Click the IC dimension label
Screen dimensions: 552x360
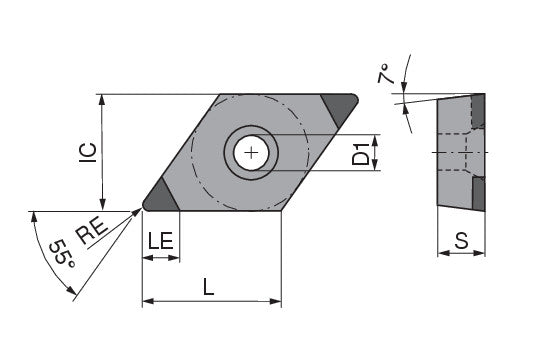pos(88,153)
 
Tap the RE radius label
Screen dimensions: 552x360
pos(92,231)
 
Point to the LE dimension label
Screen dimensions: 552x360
pos(161,241)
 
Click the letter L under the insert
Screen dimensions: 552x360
pos(209,286)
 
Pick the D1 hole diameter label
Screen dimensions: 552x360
pos(361,154)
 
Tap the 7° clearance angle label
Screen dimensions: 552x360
pos(384,73)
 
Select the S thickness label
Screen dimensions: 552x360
pos(462,241)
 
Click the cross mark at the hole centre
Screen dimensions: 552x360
pos(251,153)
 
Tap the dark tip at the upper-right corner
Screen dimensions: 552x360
pos(340,107)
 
